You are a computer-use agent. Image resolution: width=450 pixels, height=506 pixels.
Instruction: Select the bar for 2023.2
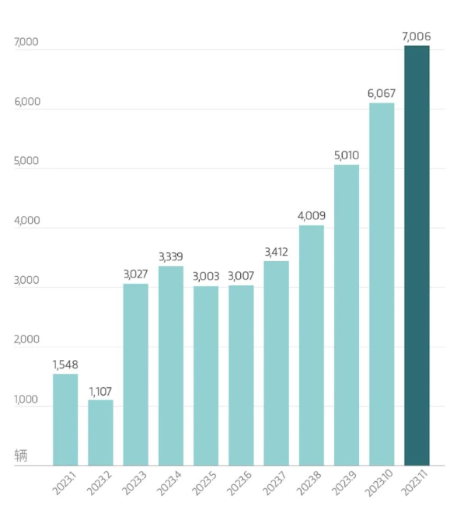100,432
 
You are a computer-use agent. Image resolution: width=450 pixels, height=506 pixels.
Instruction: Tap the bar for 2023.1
65,420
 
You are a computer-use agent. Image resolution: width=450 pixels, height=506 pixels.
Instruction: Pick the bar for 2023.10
382,284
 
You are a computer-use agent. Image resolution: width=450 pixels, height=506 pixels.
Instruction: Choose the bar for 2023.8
311,345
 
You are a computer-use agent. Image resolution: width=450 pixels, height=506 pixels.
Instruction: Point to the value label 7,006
417,36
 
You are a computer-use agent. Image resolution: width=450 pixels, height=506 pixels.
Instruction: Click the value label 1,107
100,391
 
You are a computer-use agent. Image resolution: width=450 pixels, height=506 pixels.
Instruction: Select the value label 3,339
171,256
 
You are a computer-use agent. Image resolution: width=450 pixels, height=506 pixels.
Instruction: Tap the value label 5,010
347,155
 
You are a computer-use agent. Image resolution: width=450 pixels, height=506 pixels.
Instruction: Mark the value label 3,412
277,251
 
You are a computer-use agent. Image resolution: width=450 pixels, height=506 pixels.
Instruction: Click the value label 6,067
382,94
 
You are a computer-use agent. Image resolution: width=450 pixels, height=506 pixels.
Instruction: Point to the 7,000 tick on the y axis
26,43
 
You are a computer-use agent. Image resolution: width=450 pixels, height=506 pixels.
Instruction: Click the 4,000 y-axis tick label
26,221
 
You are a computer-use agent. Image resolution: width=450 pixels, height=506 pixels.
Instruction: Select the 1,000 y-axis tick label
26,400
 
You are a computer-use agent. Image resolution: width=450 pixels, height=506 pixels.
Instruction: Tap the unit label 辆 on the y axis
21,455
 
